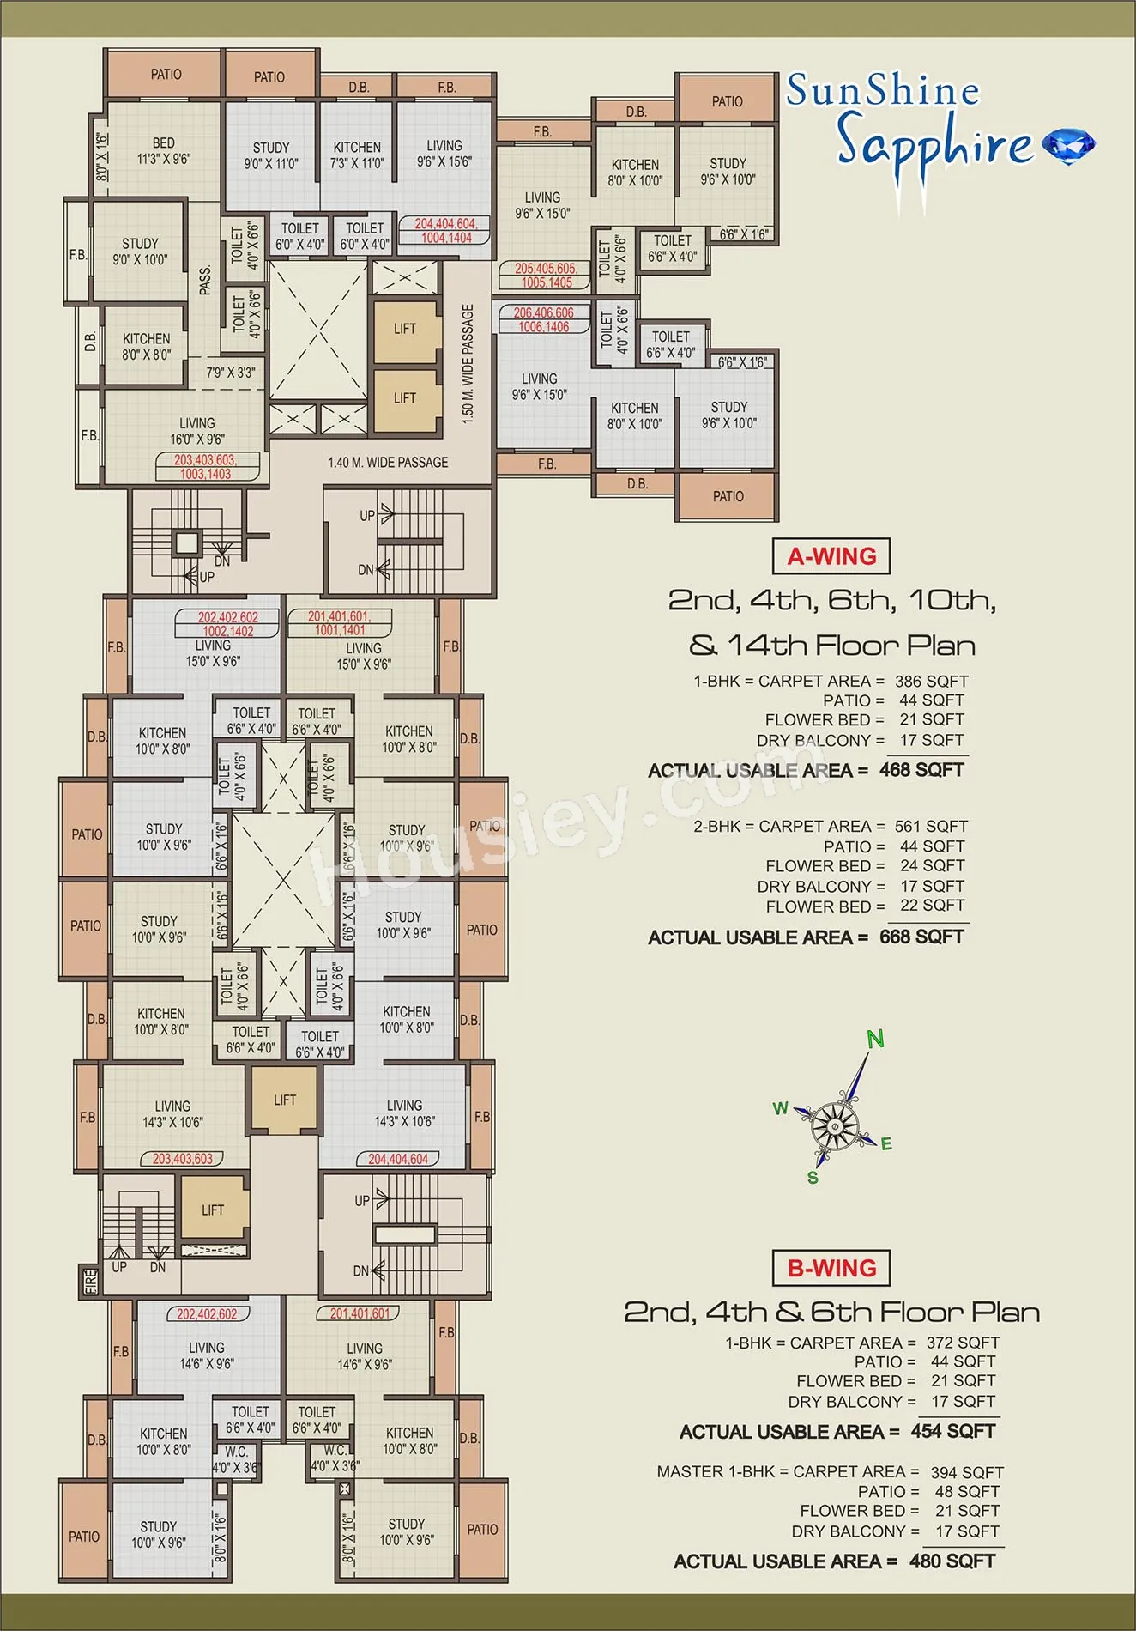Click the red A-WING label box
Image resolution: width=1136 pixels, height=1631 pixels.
[x=831, y=556]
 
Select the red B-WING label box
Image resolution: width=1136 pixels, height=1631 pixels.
[x=831, y=1268]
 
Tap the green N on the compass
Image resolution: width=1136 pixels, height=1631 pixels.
[x=875, y=1040]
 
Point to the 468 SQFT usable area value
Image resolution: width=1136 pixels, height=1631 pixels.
[x=921, y=770]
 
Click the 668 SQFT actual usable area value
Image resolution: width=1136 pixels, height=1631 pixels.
[x=921, y=937]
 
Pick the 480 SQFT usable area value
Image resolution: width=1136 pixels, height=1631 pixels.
[x=952, y=1561]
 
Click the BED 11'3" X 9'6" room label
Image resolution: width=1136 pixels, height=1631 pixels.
[x=164, y=151]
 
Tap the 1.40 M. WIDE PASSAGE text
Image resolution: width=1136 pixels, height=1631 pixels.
[x=388, y=463]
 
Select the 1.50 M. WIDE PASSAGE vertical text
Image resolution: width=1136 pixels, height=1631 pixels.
[x=468, y=363]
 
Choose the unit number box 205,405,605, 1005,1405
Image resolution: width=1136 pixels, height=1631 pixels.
[x=547, y=276]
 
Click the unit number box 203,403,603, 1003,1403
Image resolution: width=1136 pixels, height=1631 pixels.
[x=205, y=467]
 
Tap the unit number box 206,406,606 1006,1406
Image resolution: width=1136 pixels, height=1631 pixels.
[x=544, y=320]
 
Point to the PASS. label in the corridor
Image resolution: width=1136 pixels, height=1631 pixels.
[x=205, y=281]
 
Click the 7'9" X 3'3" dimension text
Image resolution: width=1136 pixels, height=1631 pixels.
[x=231, y=373]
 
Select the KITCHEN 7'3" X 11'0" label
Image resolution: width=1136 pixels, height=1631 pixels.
[x=357, y=155]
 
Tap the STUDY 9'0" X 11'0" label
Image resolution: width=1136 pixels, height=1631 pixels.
[x=271, y=155]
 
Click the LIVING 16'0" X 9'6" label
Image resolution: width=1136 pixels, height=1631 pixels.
[x=197, y=431]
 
